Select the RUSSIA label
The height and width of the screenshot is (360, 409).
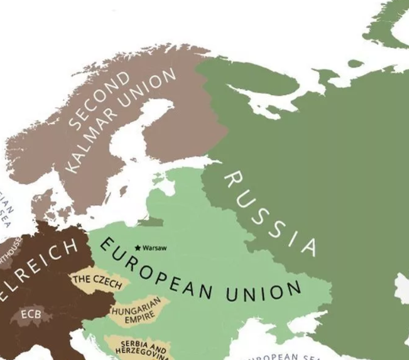269,213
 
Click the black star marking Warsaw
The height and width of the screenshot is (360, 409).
138,248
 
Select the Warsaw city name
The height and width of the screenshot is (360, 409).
155,248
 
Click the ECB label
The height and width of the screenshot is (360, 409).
30,313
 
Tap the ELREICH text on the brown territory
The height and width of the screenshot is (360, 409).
41,267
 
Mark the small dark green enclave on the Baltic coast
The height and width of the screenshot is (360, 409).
151,222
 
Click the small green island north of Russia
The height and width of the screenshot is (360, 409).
355,64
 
